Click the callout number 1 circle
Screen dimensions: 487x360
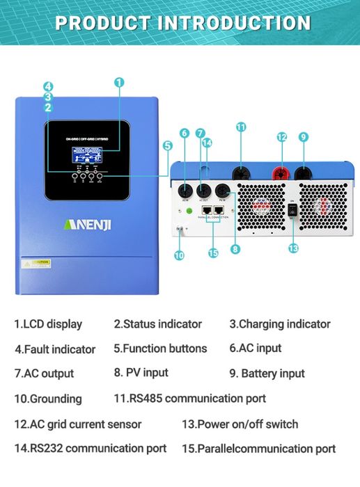pyautogui.click(x=119, y=82)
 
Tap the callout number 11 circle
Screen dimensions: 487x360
pyautogui.click(x=241, y=127)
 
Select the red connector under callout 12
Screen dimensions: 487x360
pyautogui.click(x=283, y=172)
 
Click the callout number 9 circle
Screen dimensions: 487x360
pyautogui.click(x=304, y=137)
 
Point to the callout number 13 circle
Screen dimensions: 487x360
pyautogui.click(x=293, y=248)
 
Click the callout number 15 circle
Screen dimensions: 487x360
pyautogui.click(x=213, y=253)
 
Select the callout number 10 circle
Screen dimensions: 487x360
pyautogui.click(x=179, y=255)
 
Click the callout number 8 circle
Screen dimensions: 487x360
pyautogui.click(x=235, y=248)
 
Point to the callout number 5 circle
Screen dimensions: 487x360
pyautogui.click(x=167, y=146)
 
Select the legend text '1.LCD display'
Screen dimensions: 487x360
pyautogui.click(x=48, y=324)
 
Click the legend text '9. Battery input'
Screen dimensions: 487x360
pyautogui.click(x=267, y=374)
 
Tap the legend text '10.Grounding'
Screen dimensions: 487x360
pyautogui.click(x=47, y=399)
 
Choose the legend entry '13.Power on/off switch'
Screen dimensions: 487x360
pyautogui.click(x=240, y=424)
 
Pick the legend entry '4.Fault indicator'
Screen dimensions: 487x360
pyautogui.click(x=55, y=349)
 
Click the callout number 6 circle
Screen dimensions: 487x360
pyautogui.click(x=185, y=133)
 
